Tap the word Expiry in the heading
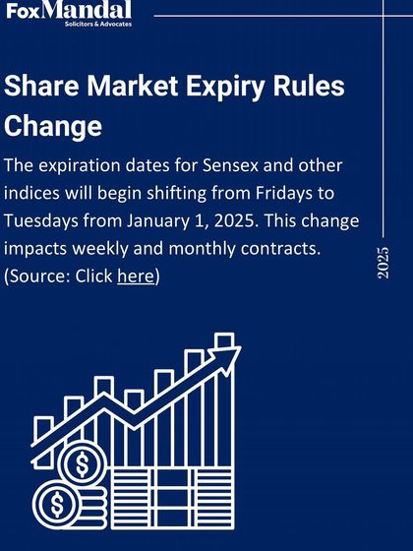[x=221, y=86]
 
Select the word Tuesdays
[x=48, y=218]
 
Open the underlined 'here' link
[x=135, y=276]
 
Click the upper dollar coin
[x=82, y=461]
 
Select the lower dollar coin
[x=57, y=505]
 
